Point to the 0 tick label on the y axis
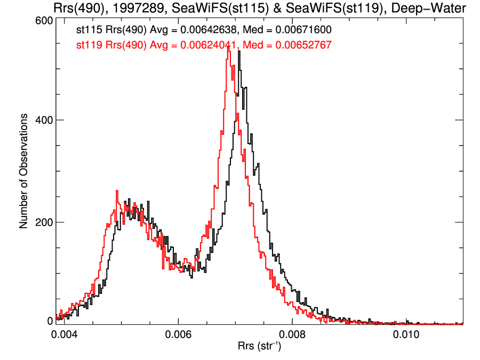pyautogui.click(x=50, y=321)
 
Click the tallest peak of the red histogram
pyautogui.click(x=229, y=47)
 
